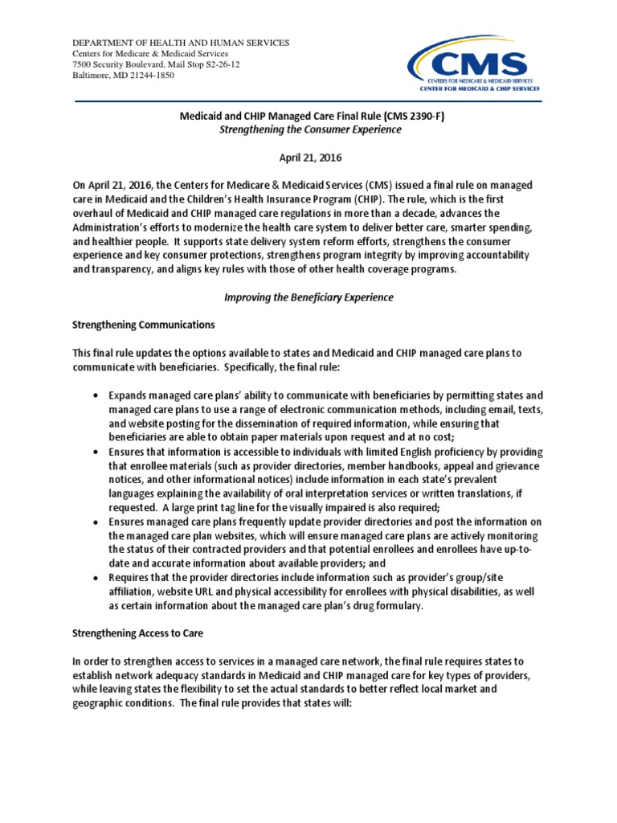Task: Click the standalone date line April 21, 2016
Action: click(308, 158)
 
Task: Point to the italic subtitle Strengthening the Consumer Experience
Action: click(308, 129)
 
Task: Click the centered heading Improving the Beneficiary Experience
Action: click(308, 297)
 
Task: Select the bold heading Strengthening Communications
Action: click(144, 325)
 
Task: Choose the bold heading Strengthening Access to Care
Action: click(139, 633)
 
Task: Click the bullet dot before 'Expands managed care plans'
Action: click(96, 396)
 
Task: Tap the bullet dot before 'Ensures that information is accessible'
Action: click(96, 452)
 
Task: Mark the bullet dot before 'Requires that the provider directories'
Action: click(96, 579)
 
